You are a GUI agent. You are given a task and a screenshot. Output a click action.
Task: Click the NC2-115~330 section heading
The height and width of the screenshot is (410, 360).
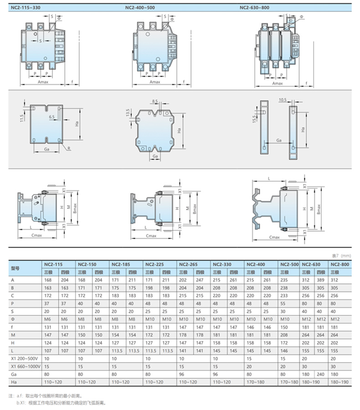point(26,8)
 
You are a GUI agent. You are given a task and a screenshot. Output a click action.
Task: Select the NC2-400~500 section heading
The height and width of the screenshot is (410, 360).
point(140,8)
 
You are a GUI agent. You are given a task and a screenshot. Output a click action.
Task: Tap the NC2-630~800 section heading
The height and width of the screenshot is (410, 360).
point(254,8)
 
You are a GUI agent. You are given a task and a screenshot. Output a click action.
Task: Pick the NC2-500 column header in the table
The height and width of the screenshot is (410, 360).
point(289,265)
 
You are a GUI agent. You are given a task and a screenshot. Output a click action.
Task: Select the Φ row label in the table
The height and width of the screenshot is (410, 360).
point(13,319)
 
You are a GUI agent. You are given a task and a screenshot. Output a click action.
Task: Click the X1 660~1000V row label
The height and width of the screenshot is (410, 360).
point(26,366)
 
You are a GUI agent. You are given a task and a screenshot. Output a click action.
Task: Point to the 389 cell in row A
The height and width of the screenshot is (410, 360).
point(320,280)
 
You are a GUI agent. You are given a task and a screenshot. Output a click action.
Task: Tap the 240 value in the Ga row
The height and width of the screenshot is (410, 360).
point(320,374)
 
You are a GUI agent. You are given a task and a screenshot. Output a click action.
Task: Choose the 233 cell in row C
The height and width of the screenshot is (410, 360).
point(284,296)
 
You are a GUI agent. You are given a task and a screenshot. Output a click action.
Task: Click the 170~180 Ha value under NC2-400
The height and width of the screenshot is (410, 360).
point(255,382)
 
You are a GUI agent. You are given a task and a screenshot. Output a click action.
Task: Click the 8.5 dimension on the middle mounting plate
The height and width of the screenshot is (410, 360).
point(155,101)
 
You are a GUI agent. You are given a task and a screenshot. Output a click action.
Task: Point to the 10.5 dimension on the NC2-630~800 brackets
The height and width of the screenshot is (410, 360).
point(283,99)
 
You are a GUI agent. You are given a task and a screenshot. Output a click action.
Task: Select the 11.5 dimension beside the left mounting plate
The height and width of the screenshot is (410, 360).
point(22,118)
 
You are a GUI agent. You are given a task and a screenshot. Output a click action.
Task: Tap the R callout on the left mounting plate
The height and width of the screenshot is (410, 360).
point(69,148)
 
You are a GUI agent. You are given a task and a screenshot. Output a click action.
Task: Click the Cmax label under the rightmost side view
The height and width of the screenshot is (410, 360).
point(274,237)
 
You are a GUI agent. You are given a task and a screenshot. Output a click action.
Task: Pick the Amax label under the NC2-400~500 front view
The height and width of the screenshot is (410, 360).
point(154,82)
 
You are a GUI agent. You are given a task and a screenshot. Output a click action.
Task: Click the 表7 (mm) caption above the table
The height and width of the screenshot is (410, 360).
point(341,256)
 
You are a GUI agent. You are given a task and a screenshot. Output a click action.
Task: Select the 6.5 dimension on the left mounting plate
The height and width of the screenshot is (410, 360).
point(52,117)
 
